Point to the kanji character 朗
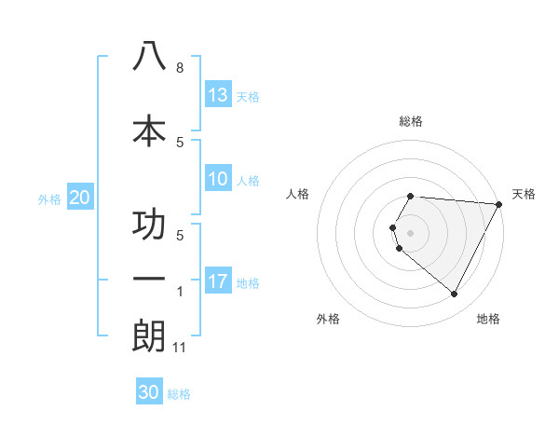coord(149,336)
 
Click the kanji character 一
coord(149,279)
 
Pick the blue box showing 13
coord(218,95)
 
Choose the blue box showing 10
coord(218,179)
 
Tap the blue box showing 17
coord(218,281)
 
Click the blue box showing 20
coord(79,197)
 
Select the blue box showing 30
coord(149,392)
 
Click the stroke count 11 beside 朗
coord(180,349)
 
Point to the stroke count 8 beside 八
coord(179,68)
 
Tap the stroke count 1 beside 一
coord(179,292)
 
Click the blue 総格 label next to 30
coord(179,394)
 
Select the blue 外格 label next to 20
coord(49,198)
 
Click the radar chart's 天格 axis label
coord(524,194)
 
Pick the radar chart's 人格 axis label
coord(298,194)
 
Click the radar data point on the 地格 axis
coord(455,294)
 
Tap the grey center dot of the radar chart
coord(411,232)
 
